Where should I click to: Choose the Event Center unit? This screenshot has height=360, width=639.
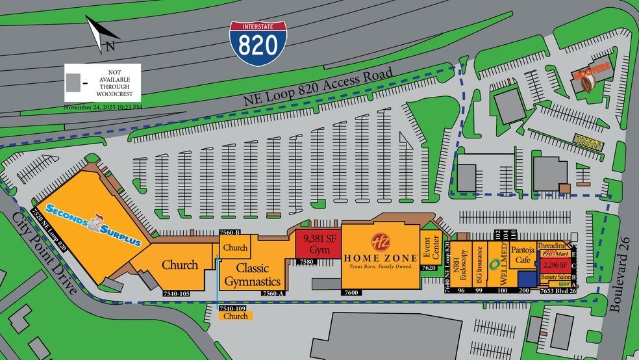[x=431, y=248]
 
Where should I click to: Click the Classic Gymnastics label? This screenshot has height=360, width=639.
[x=253, y=275]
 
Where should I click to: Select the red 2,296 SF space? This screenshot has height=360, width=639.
[x=555, y=265]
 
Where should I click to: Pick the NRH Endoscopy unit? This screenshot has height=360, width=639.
[x=460, y=264]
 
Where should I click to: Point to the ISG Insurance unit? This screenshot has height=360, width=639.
[x=478, y=265]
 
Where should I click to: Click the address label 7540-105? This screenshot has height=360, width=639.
[x=175, y=294]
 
